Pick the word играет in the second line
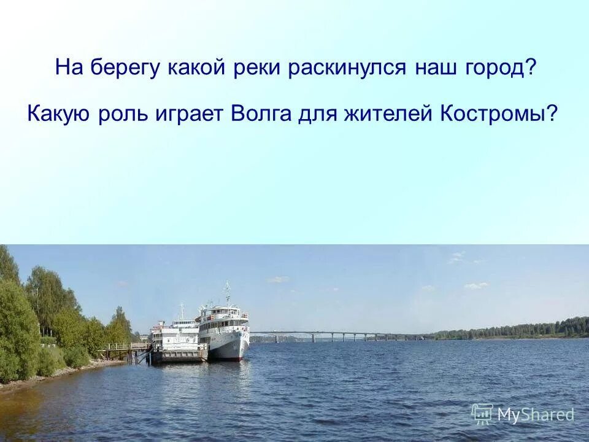click(x=192, y=114)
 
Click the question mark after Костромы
click(x=554, y=114)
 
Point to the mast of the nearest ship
click(x=227, y=293)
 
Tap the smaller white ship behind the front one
click(x=176, y=335)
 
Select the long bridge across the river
click(x=337, y=335)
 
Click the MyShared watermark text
click(x=535, y=415)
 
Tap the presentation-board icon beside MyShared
click(x=482, y=414)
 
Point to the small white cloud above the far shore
click(x=476, y=285)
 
